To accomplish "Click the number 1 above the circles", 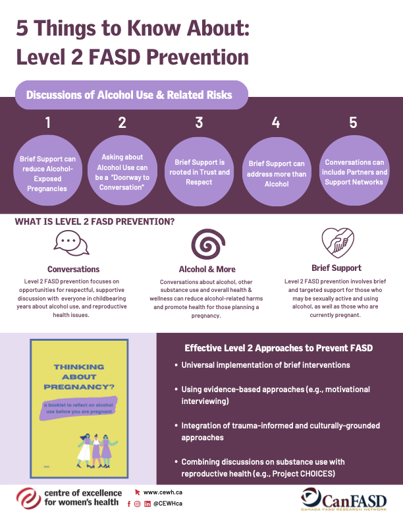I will [47, 123].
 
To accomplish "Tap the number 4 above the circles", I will [276, 123].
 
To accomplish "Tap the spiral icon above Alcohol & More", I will [205, 246].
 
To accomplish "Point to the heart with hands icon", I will [336, 243].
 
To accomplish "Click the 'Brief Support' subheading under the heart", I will [336, 268].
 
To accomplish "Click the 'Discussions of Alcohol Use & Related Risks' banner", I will [129, 95].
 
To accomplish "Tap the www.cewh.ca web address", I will [163, 492].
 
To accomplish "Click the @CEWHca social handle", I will [168, 504].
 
